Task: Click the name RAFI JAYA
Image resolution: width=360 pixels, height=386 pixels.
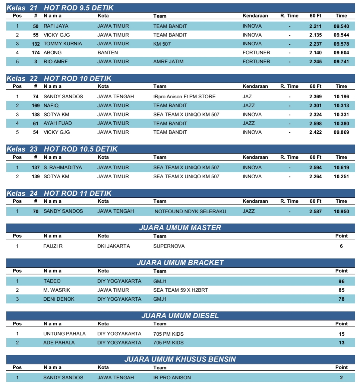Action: pyautogui.click(x=56, y=26)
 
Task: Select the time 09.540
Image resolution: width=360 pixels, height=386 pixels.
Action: pyautogui.click(x=341, y=26)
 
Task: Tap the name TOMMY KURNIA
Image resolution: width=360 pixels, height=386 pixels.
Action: pyautogui.click(x=63, y=44)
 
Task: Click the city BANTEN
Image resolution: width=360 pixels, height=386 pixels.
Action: pyautogui.click(x=108, y=52)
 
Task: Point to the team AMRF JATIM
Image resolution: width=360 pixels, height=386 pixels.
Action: pyautogui.click(x=168, y=62)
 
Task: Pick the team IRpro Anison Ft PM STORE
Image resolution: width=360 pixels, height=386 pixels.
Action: pyautogui.click(x=184, y=96)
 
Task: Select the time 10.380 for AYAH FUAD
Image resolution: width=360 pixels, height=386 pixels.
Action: pyautogui.click(x=341, y=123)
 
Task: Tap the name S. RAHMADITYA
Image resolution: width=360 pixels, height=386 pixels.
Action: pyautogui.click(x=63, y=167)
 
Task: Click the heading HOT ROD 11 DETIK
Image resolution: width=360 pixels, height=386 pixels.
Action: pyautogui.click(x=78, y=193)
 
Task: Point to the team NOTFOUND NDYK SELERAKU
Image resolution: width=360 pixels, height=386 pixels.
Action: pyautogui.click(x=190, y=211)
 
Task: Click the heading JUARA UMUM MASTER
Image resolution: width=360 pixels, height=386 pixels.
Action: pyautogui.click(x=180, y=228)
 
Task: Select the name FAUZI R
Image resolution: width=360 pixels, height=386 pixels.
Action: pyautogui.click(x=53, y=246)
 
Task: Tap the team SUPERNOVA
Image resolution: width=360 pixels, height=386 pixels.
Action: pyautogui.click(x=169, y=246)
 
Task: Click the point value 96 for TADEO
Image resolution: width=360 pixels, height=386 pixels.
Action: pyautogui.click(x=341, y=281)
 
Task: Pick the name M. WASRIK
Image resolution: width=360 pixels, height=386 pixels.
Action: pyautogui.click(x=56, y=290)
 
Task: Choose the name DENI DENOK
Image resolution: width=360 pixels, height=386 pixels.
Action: pyautogui.click(x=59, y=299)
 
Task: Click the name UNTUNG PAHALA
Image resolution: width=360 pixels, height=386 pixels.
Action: pyautogui.click(x=64, y=334)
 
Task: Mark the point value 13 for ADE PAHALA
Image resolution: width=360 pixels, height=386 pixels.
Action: pyautogui.click(x=341, y=343)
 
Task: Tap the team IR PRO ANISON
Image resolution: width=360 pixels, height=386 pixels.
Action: pyautogui.click(x=172, y=378)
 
